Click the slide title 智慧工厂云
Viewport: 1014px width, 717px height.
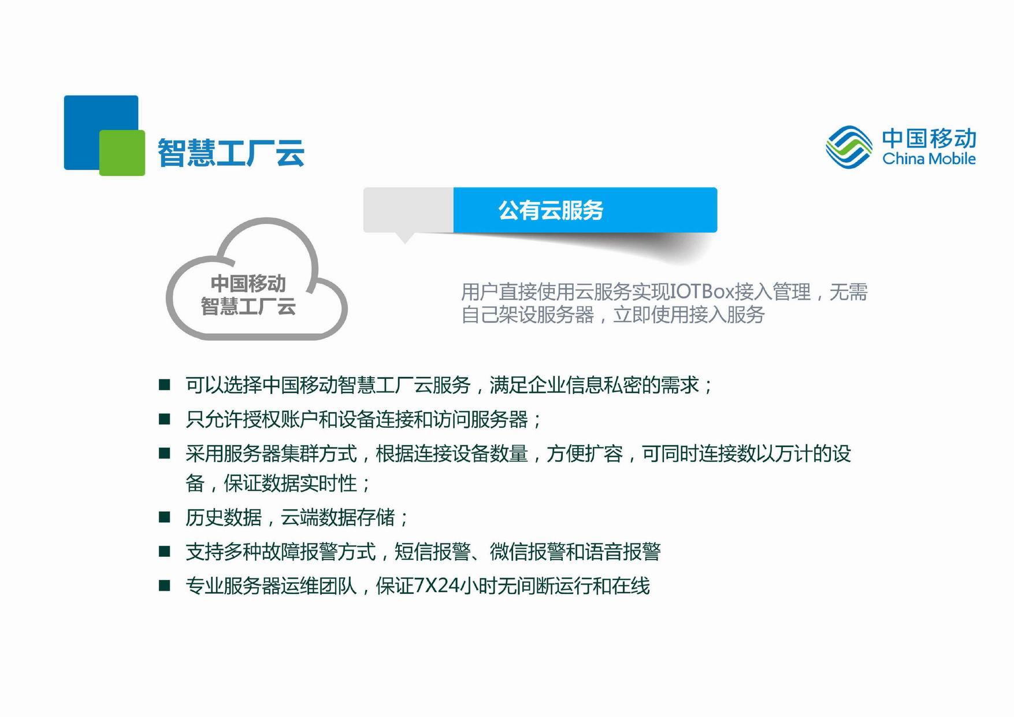point(231,153)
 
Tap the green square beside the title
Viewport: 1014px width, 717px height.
point(122,153)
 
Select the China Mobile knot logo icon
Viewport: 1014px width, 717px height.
point(849,147)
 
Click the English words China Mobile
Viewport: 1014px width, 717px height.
point(929,158)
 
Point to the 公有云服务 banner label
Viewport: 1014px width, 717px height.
point(551,210)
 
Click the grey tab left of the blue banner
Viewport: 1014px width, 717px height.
point(408,210)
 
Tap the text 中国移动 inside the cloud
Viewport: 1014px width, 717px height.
point(248,283)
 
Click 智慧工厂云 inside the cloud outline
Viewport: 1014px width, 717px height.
point(248,306)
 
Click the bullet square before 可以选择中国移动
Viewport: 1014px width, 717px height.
point(165,385)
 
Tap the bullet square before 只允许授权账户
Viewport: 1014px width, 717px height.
point(165,419)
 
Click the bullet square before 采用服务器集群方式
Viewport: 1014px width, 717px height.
point(165,453)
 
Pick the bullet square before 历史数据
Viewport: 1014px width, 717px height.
point(165,516)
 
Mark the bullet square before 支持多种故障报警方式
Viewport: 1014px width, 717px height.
point(165,551)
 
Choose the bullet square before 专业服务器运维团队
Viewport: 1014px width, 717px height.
point(165,585)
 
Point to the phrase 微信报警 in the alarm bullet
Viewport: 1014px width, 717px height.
point(528,552)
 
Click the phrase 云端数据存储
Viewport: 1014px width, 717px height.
point(338,517)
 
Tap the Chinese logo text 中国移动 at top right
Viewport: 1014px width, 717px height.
point(929,138)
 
